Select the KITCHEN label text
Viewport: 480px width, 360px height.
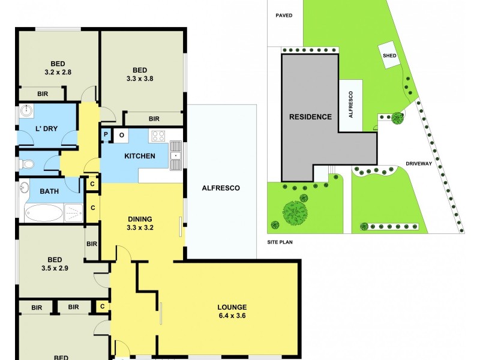click(139, 156)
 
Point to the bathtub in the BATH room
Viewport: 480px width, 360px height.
click(43, 212)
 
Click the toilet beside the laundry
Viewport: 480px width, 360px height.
click(28, 163)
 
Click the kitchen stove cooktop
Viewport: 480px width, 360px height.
click(158, 136)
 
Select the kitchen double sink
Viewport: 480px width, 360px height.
click(176, 151)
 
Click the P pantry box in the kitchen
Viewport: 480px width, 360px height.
click(106, 135)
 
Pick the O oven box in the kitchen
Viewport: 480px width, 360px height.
click(121, 135)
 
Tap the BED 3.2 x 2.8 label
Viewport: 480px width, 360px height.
click(58, 67)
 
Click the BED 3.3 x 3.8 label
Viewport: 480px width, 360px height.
click(140, 73)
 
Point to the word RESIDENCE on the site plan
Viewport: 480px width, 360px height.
click(310, 116)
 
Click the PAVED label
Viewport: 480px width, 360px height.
click(284, 16)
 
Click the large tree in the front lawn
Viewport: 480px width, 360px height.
click(295, 212)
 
